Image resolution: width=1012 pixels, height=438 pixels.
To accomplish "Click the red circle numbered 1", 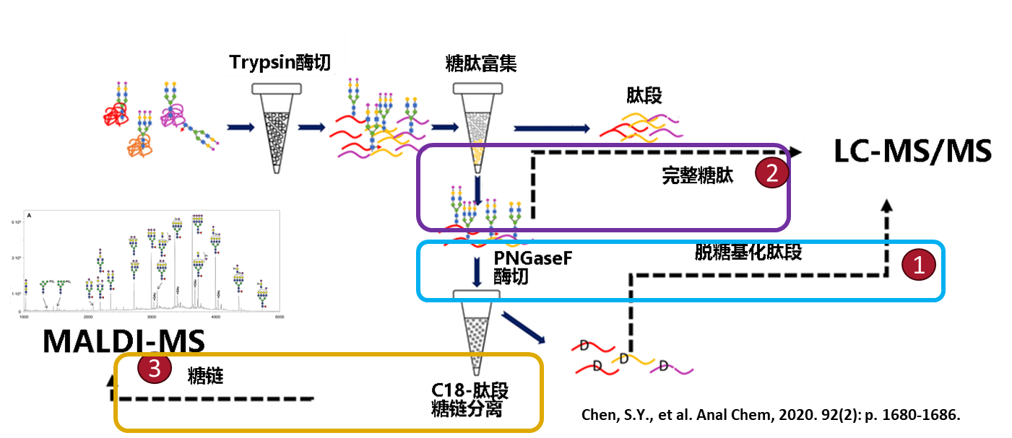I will tap(918, 266).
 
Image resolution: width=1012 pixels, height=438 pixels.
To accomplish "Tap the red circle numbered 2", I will tap(771, 173).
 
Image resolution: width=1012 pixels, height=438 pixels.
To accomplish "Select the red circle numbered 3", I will tap(155, 369).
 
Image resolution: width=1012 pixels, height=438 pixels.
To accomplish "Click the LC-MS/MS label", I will tap(912, 152).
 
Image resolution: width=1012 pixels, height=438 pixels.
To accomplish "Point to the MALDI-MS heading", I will tap(124, 341).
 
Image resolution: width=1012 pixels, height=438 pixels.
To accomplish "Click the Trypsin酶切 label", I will tap(280, 63).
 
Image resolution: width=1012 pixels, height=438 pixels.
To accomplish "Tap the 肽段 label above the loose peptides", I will tap(644, 95).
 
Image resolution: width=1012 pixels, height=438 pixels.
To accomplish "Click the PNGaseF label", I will tap(533, 258).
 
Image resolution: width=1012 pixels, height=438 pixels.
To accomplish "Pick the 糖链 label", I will tap(205, 375).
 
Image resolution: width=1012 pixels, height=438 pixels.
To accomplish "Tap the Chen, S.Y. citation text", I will tap(771, 416).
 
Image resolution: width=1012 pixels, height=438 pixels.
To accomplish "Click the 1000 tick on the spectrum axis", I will tap(24, 317).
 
